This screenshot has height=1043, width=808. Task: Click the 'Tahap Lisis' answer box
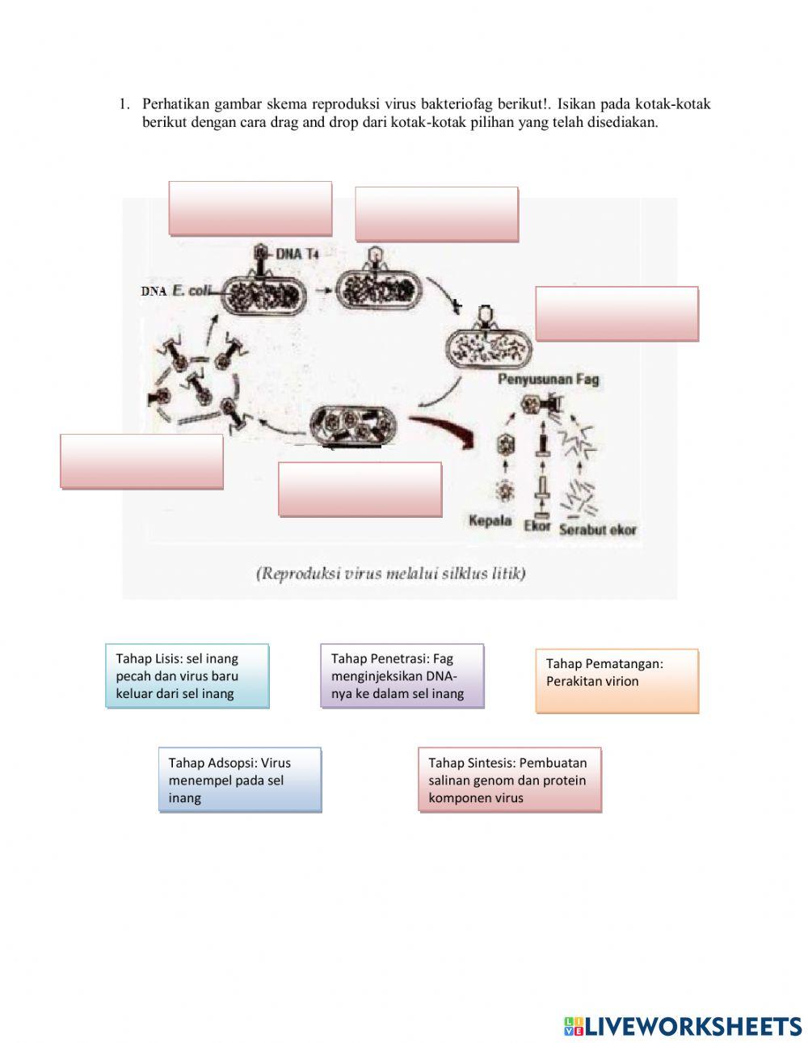click(x=187, y=676)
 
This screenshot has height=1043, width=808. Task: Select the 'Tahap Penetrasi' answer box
click(x=402, y=676)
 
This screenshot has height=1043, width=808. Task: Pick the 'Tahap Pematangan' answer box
click(x=617, y=680)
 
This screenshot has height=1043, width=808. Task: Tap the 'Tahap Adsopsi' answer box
click(x=240, y=780)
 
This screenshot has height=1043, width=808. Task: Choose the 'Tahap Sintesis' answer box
click(x=510, y=780)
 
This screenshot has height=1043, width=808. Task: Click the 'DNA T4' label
click(x=297, y=254)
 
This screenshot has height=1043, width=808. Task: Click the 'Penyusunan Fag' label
click(x=549, y=379)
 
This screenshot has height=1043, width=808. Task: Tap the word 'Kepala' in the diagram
click(x=490, y=521)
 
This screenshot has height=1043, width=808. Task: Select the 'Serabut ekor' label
click(x=598, y=530)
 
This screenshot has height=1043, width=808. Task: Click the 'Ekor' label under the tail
click(x=537, y=526)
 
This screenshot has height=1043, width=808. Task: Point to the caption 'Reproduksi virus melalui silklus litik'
click(x=391, y=573)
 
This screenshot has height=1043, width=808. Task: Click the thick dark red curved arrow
click(x=444, y=429)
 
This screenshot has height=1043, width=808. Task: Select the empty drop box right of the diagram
click(x=617, y=314)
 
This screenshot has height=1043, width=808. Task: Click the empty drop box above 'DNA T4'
click(x=250, y=208)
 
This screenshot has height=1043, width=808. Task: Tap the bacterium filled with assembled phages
click(x=354, y=425)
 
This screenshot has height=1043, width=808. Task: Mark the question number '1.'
click(x=124, y=103)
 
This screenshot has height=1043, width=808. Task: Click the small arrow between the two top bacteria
click(x=324, y=291)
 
